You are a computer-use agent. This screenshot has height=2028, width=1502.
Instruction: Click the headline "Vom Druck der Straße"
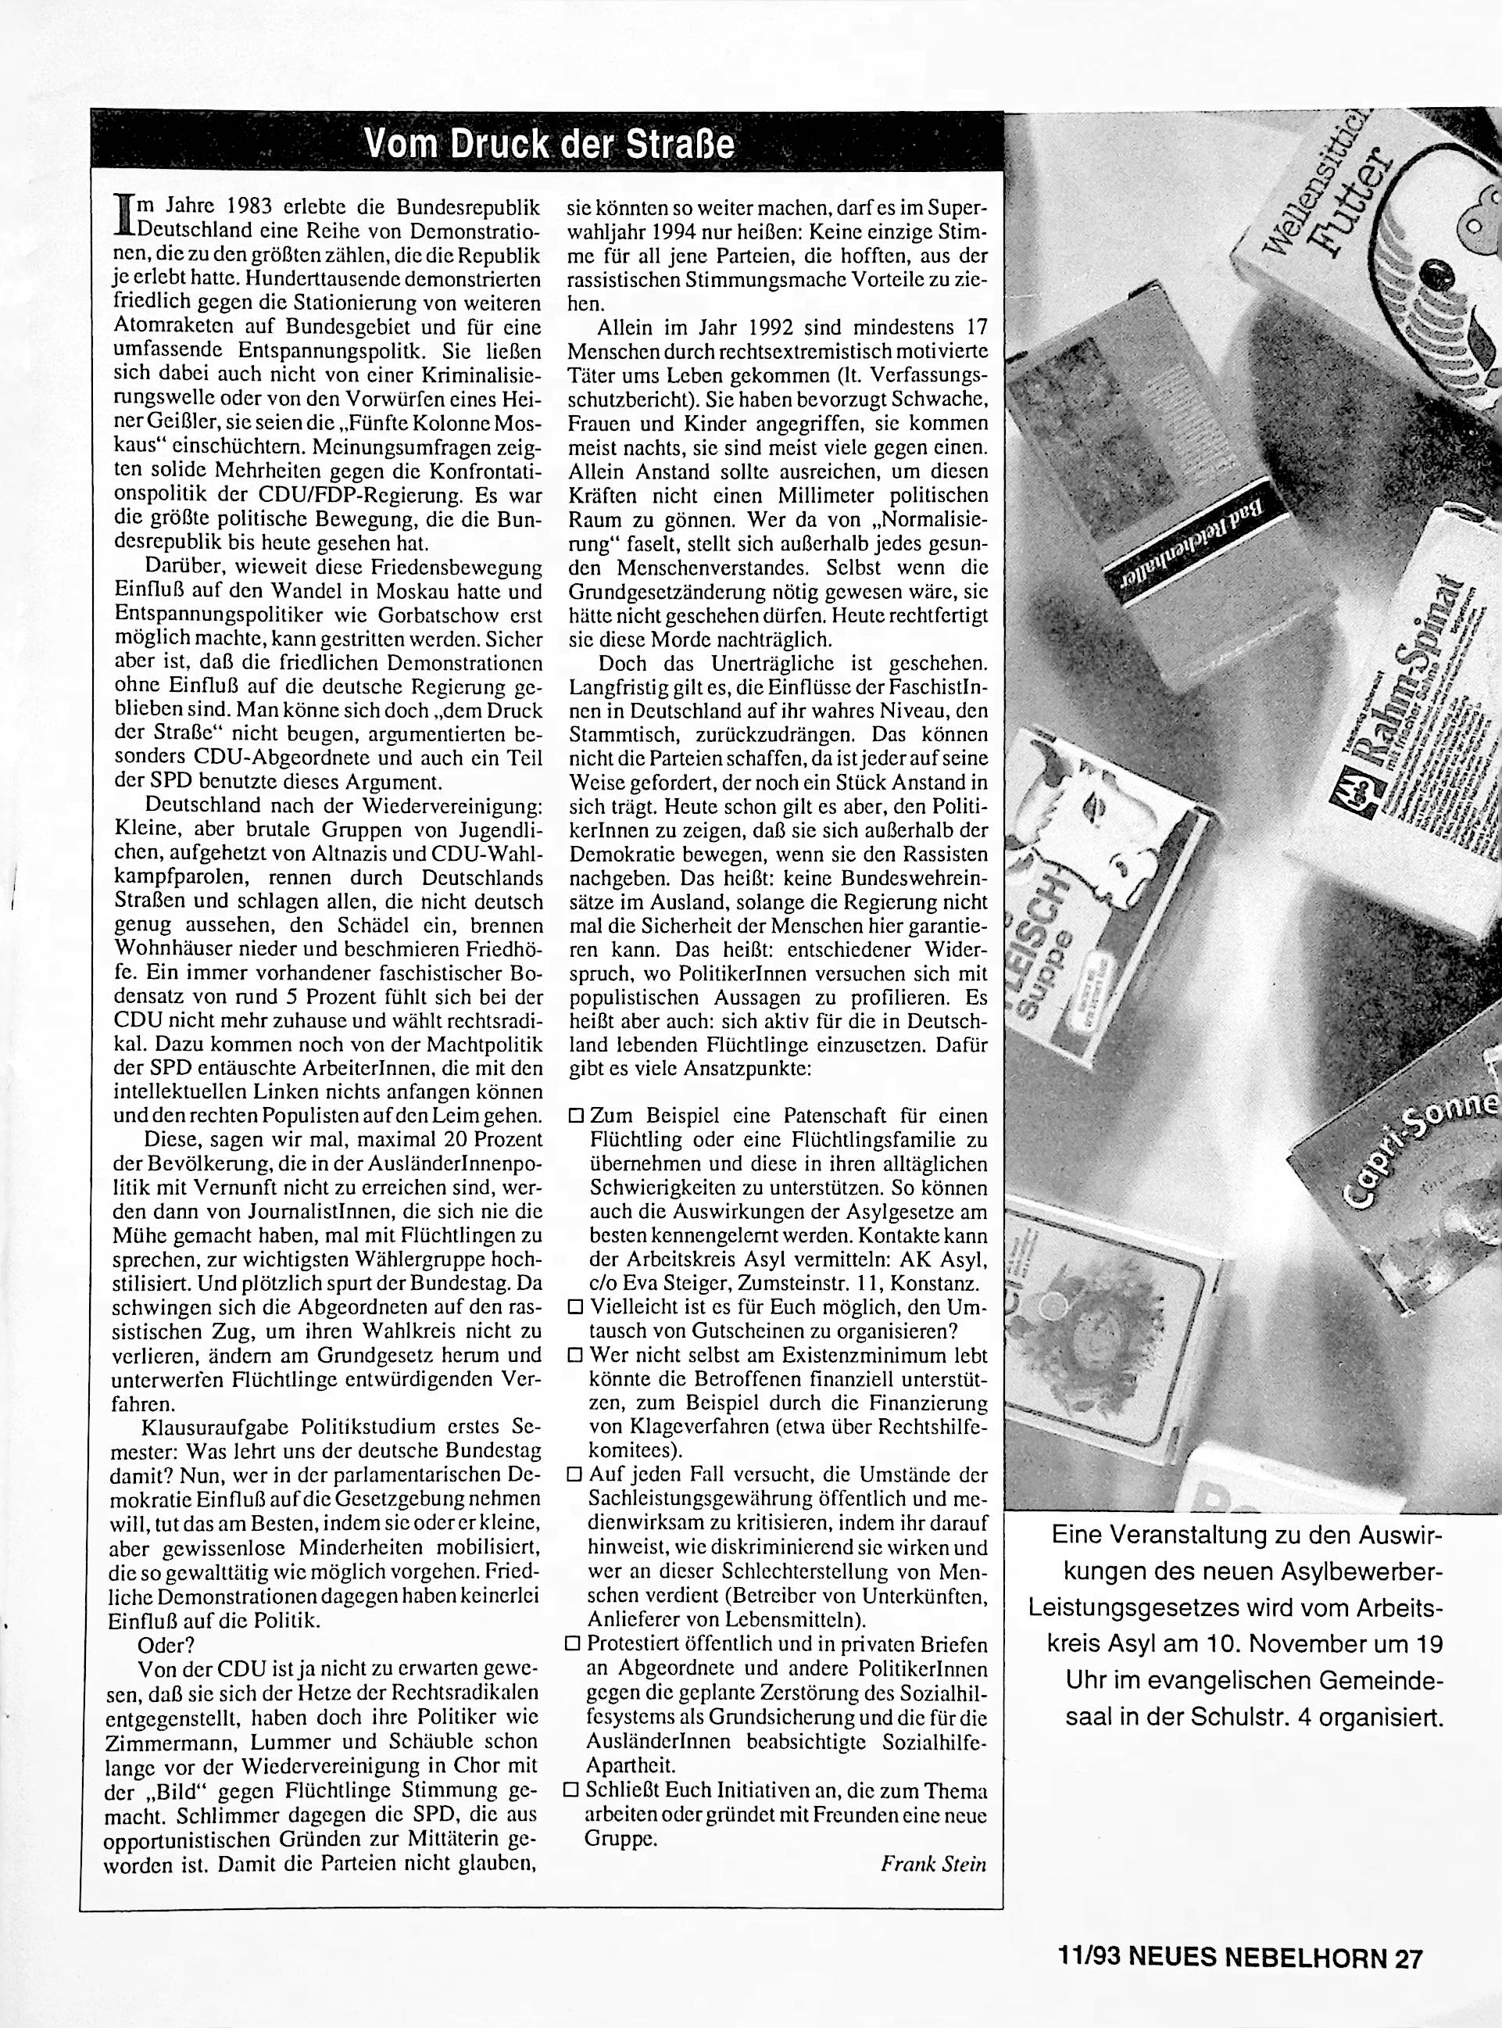click(x=549, y=145)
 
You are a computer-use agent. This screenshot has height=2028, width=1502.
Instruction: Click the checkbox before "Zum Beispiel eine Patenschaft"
click(x=574, y=1115)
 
